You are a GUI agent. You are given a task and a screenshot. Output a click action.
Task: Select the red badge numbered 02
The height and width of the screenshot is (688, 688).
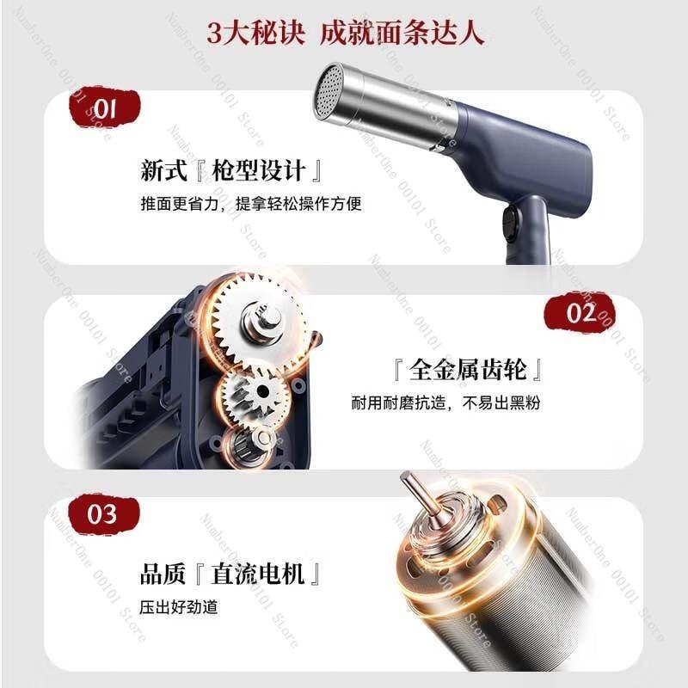pyautogui.click(x=582, y=313)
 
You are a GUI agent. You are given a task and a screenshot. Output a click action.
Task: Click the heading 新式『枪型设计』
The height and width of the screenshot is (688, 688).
pyautogui.click(x=232, y=170)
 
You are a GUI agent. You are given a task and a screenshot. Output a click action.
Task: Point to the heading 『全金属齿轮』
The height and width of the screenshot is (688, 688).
pyautogui.click(x=467, y=371)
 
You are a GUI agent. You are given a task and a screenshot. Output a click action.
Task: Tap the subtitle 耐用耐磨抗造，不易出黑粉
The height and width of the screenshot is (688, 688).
pyautogui.click(x=445, y=403)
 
